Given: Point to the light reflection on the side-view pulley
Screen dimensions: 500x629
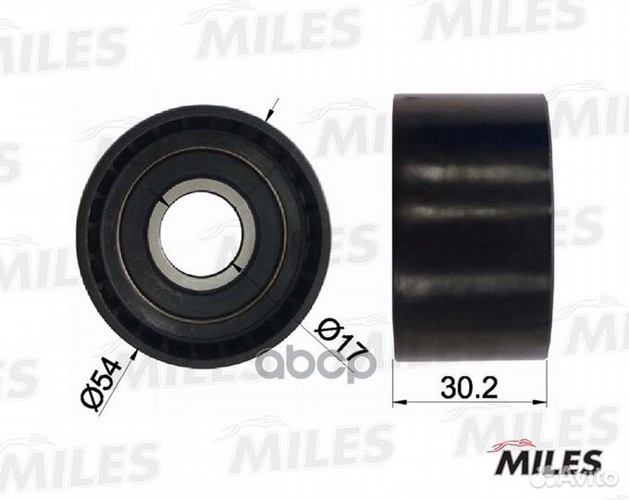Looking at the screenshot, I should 462,177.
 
